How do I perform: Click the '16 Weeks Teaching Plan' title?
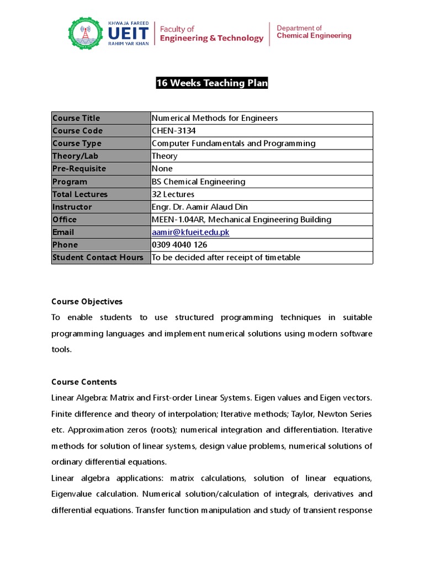[x=212, y=83]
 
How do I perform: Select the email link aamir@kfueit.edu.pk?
[x=190, y=232]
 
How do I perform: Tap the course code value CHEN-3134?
[x=173, y=131]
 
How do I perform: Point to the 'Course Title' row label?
[x=76, y=118]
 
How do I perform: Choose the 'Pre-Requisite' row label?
[x=79, y=169]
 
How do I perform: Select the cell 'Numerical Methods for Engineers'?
[x=215, y=118]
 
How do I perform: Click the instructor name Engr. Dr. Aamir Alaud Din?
[x=199, y=207]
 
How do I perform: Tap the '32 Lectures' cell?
[x=173, y=194]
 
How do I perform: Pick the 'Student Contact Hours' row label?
[x=98, y=258]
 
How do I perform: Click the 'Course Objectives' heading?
[x=87, y=302]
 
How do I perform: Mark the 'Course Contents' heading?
[x=84, y=382]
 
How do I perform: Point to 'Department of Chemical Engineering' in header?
[x=314, y=32]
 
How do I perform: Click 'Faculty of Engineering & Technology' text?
[x=211, y=34]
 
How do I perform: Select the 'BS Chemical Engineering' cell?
[x=198, y=182]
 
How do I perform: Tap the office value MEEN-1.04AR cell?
[x=241, y=220]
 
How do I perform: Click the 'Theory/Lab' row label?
[x=75, y=156]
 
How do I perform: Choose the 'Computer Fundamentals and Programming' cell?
[x=234, y=143]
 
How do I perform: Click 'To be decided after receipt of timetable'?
[x=226, y=258]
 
